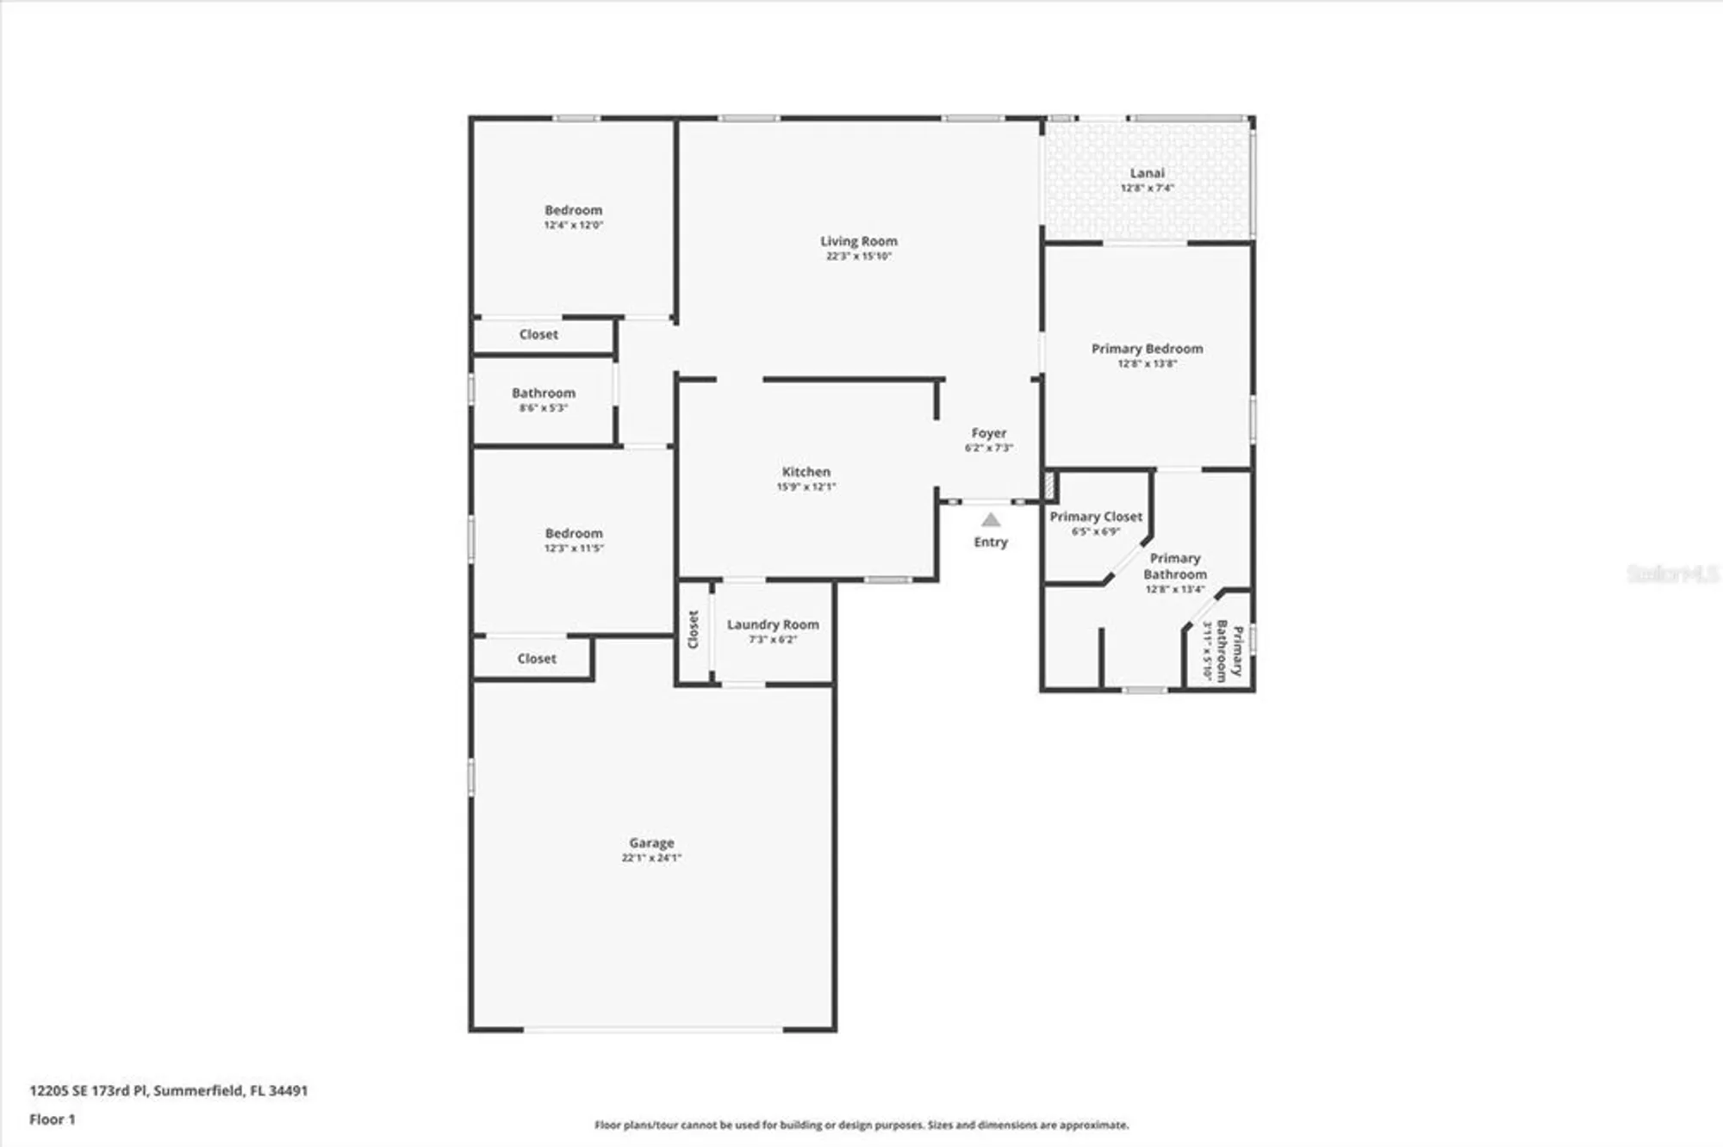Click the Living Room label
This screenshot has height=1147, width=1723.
click(858, 241)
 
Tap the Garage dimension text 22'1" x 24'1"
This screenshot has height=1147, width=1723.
click(651, 858)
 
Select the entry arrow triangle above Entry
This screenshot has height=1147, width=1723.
click(991, 519)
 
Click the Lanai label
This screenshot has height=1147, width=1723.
click(1147, 173)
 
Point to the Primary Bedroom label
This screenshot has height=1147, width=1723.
click(1147, 349)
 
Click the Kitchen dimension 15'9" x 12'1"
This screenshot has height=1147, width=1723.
click(806, 487)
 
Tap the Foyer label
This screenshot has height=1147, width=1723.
click(988, 433)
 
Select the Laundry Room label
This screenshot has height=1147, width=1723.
click(773, 624)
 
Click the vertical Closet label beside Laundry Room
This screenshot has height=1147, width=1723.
click(694, 629)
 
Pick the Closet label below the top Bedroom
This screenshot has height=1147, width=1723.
click(538, 334)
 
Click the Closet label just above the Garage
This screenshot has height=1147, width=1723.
click(537, 659)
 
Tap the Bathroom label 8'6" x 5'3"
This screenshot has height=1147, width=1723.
click(544, 393)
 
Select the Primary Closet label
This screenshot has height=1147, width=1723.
click(1096, 517)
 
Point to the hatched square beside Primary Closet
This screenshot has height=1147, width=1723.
click(1049, 485)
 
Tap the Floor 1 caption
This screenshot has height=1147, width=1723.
click(53, 1119)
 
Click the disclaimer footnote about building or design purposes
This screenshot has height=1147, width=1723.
click(861, 1125)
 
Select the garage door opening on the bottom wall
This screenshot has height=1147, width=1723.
click(653, 1029)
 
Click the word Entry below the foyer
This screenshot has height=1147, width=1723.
click(991, 542)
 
